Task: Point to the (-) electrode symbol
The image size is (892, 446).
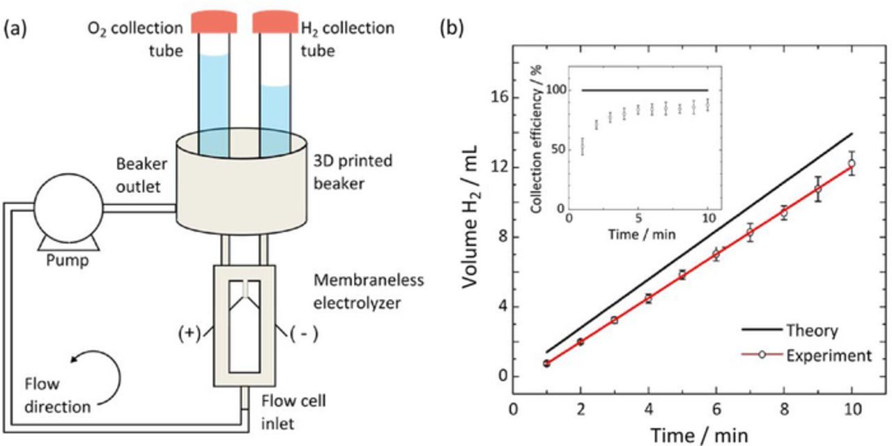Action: tap(304, 333)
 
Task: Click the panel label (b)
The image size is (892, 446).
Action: tap(452, 29)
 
